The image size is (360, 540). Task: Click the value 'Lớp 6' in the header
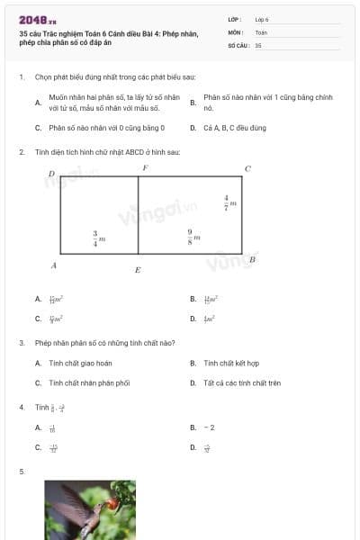(262, 19)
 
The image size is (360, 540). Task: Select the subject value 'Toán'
(261, 31)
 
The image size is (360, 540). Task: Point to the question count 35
(258, 44)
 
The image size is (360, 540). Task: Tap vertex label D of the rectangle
(51, 173)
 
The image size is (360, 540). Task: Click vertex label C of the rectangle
(247, 168)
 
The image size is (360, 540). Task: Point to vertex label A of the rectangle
(54, 265)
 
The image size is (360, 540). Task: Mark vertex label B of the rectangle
(252, 259)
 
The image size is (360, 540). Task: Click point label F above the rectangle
(145, 168)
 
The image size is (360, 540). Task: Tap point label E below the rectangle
(137, 270)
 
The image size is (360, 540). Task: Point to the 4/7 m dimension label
(229, 202)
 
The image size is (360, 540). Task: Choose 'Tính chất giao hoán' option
(80, 363)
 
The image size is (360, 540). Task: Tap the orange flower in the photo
(112, 504)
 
